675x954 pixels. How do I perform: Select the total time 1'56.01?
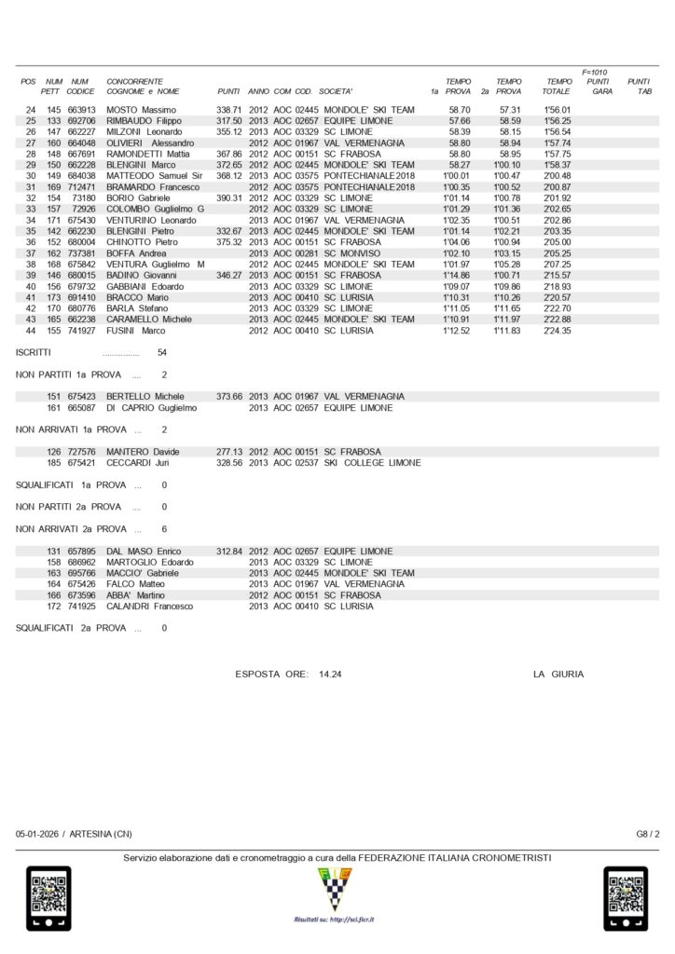click(x=557, y=110)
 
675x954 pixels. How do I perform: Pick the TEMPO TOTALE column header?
click(x=558, y=87)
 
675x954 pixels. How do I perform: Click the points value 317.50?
click(x=229, y=121)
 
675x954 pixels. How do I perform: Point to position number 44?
click(x=30, y=331)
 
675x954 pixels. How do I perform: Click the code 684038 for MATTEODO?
click(x=81, y=176)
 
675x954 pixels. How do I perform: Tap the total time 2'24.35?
click(x=557, y=331)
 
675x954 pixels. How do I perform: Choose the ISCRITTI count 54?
click(x=163, y=354)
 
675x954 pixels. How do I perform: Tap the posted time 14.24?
click(x=332, y=674)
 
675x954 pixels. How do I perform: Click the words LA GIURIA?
click(x=558, y=674)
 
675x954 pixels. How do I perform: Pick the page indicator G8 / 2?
click(x=648, y=834)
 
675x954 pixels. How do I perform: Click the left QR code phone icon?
click(x=48, y=898)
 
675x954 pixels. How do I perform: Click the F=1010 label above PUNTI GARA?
click(x=595, y=72)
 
